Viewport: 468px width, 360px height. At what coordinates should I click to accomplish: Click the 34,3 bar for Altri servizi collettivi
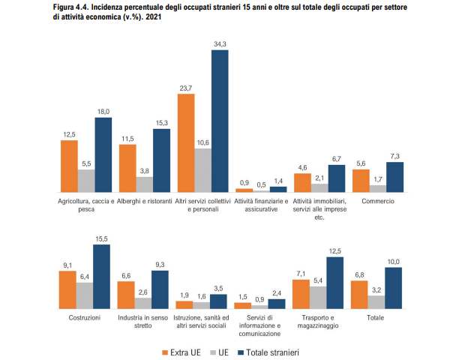(220, 120)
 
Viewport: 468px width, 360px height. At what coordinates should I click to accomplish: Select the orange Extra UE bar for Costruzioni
(67, 289)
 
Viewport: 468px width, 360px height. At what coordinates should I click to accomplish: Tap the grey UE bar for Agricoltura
(86, 180)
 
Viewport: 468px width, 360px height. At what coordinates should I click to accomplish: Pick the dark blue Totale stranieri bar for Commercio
(395, 176)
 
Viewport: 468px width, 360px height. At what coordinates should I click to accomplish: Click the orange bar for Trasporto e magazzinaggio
(301, 293)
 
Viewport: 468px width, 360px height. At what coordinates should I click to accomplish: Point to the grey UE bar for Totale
(377, 301)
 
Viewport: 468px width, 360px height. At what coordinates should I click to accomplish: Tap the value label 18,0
(103, 111)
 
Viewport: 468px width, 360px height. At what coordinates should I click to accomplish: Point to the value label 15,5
(101, 238)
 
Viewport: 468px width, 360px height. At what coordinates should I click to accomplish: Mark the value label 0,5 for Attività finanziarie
(261, 184)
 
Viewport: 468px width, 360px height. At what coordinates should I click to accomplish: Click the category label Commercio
(378, 202)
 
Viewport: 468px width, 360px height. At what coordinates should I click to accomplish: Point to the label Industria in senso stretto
(144, 322)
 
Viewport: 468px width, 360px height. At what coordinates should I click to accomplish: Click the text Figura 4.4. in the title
(74, 6)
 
